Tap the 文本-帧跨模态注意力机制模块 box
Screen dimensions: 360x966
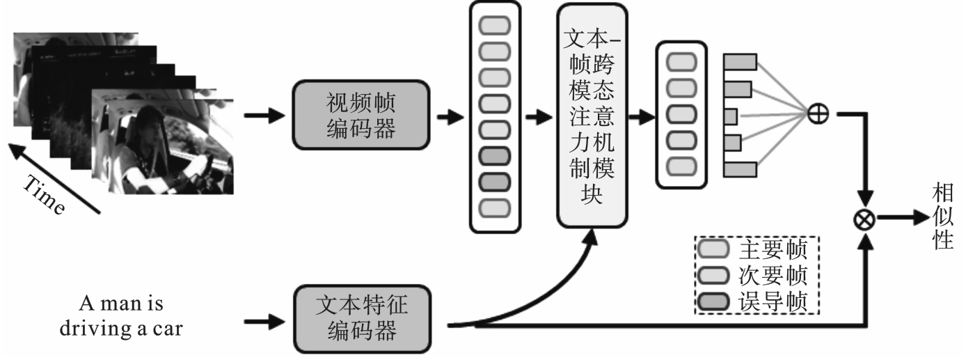592,115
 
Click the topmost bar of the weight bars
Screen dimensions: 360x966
740,63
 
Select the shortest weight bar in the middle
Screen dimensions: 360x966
730,116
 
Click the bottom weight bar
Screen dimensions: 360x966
740,169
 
